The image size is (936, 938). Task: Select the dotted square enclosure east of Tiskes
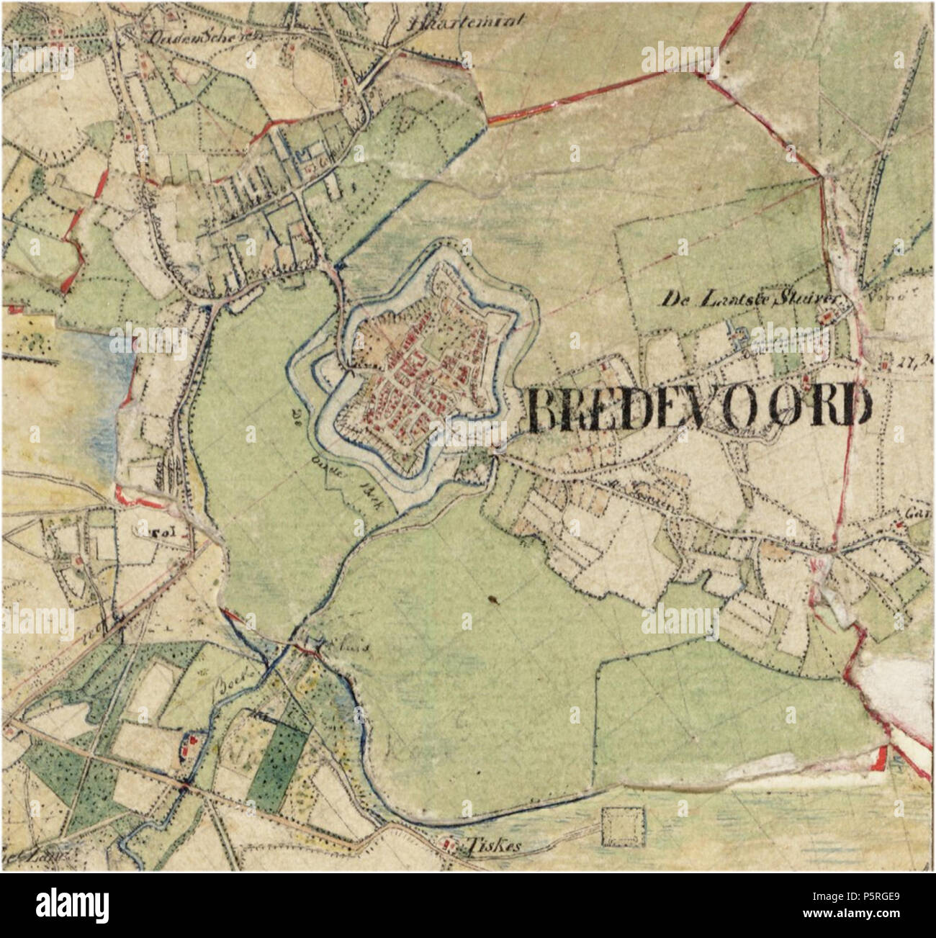point(624,827)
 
